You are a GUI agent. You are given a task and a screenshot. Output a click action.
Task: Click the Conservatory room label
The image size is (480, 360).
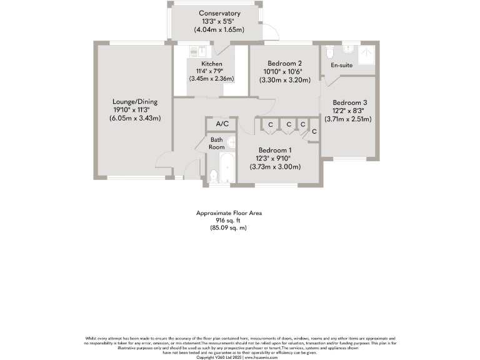[219, 13]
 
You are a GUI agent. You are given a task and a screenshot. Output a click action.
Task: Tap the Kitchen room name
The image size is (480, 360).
[211, 64]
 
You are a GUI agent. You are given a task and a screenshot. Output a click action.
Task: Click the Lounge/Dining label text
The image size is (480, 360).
[135, 102]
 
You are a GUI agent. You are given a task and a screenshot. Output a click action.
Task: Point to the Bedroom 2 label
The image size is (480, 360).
[284, 64]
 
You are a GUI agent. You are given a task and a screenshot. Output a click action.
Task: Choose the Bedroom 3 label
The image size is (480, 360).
[349, 102]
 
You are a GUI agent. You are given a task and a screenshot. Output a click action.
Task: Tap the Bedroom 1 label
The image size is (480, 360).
[275, 151]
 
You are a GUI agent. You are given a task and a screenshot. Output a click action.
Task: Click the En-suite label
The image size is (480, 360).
[341, 65]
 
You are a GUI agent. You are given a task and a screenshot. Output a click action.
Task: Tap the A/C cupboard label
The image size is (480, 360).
[222, 124]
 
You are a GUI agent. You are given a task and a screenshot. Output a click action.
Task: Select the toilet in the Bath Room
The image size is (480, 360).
[214, 177]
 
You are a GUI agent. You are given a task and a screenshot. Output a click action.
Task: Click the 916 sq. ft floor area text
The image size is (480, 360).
[229, 221]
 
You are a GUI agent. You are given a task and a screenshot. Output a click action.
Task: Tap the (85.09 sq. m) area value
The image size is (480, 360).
[229, 228]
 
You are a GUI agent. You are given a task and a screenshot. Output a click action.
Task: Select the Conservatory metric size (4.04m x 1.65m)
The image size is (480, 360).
[219, 29]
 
